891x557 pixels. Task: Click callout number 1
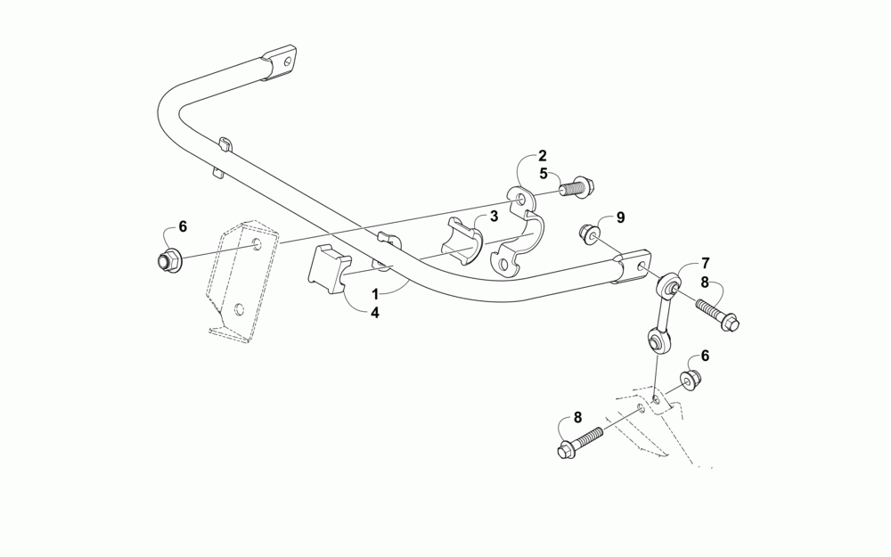(x=375, y=293)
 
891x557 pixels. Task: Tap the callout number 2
(x=542, y=156)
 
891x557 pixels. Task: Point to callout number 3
(x=493, y=216)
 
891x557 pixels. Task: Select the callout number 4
(x=375, y=313)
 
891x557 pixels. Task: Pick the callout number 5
(x=542, y=175)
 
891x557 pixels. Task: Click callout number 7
(x=705, y=263)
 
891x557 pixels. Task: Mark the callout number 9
(x=621, y=217)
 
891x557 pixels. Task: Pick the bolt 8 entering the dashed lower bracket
(x=579, y=441)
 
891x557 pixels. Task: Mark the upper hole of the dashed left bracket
(x=257, y=244)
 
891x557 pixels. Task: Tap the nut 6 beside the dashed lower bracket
(x=691, y=381)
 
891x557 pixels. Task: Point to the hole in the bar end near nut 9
(x=642, y=266)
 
